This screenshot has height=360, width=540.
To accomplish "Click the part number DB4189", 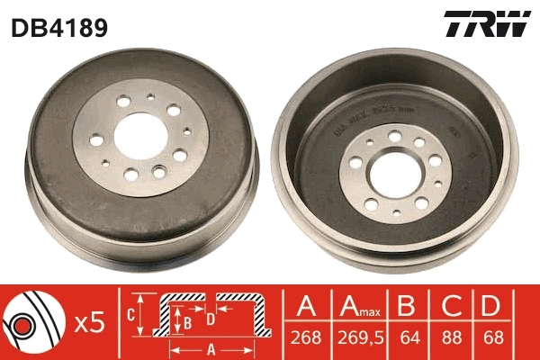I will click(x=59, y=28).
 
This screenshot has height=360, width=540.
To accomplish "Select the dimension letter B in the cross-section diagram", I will click(x=187, y=319).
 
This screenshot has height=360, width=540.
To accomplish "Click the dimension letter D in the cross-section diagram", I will click(x=210, y=319).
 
